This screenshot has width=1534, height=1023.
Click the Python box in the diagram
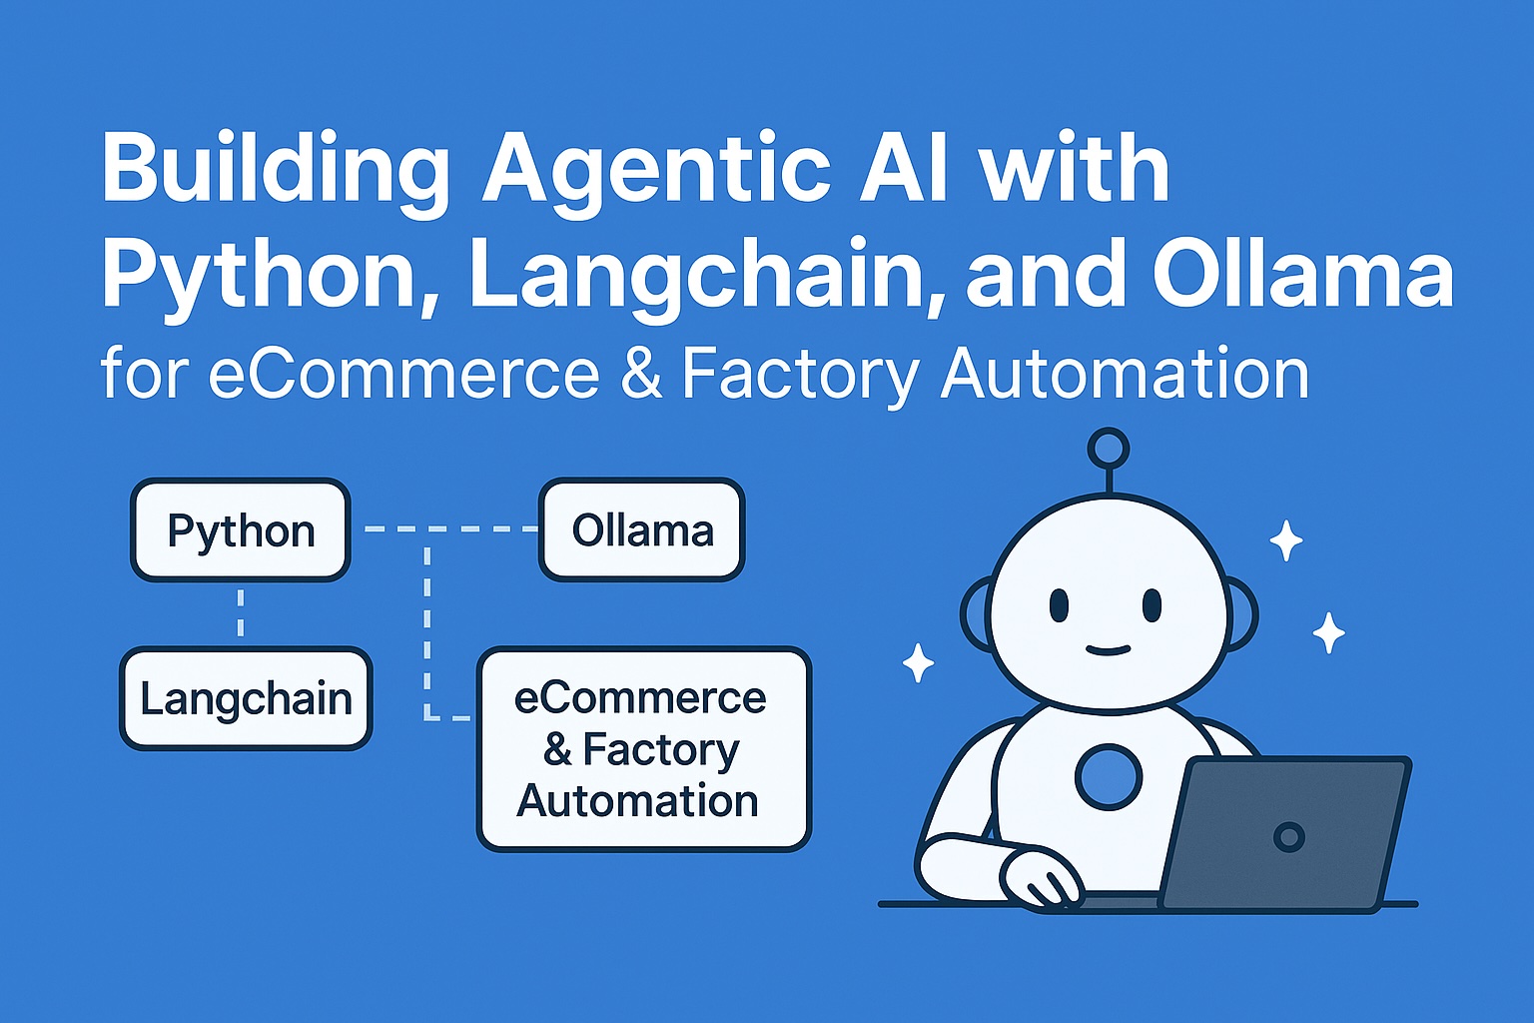241,530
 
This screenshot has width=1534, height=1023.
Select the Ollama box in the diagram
642,530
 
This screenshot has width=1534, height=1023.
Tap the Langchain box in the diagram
246,699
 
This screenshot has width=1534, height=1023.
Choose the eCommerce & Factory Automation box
643,749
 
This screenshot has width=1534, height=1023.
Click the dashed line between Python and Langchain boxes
241,613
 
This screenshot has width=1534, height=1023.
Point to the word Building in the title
276,170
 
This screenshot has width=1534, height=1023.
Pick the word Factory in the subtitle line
800,375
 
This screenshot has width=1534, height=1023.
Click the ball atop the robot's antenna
1108,449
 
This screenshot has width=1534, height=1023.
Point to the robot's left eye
1059,604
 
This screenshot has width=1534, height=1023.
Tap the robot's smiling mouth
1107,650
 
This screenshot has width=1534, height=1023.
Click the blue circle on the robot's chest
1109,777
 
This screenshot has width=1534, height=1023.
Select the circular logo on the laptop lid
1289,836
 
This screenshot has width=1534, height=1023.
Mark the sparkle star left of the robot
918,662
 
